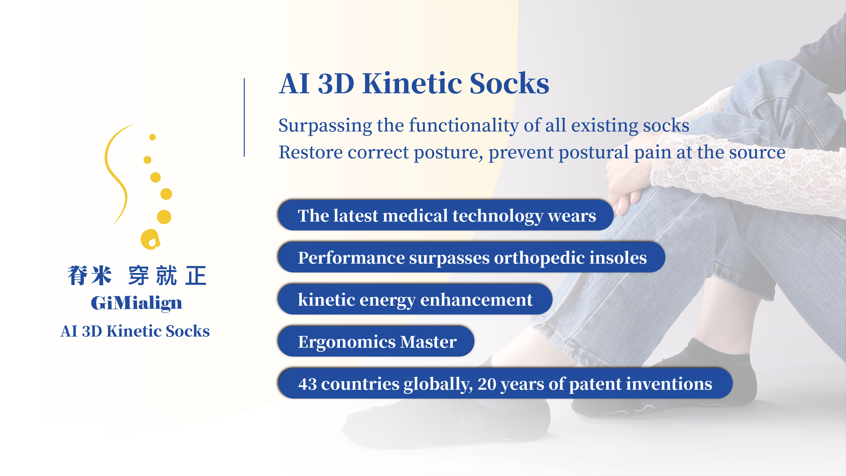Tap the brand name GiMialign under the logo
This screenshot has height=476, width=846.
[136, 303]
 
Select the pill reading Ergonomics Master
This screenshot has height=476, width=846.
[376, 341]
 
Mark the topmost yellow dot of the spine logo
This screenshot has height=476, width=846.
[152, 137]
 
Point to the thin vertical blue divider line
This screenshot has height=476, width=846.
[244, 117]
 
